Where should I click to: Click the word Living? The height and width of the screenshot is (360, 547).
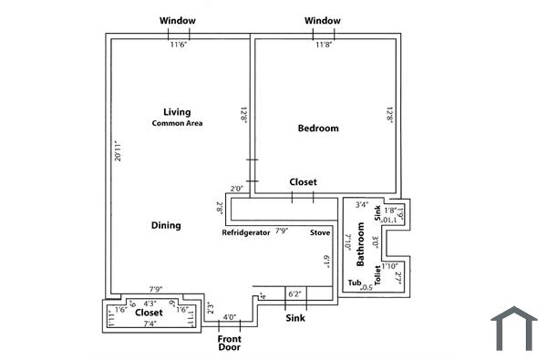(x=177, y=112)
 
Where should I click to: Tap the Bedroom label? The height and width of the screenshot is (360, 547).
(x=318, y=129)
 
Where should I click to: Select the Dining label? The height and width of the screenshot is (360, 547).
(x=166, y=225)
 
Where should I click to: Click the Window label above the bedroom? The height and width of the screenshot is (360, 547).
(x=323, y=20)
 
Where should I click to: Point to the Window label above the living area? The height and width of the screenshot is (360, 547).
(x=177, y=20)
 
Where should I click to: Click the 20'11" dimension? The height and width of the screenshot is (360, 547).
(x=116, y=152)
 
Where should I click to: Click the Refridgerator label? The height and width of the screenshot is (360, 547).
(x=246, y=232)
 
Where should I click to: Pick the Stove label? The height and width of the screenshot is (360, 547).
(x=319, y=232)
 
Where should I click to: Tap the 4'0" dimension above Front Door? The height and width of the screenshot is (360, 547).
(x=230, y=317)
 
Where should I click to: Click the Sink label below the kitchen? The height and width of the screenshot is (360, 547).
(x=295, y=319)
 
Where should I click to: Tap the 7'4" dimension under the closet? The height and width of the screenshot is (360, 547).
(x=150, y=324)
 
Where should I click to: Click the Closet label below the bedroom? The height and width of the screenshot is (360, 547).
(x=303, y=182)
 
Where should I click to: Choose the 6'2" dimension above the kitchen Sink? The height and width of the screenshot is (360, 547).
(x=295, y=294)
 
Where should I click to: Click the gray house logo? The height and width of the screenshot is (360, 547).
(x=513, y=329)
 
